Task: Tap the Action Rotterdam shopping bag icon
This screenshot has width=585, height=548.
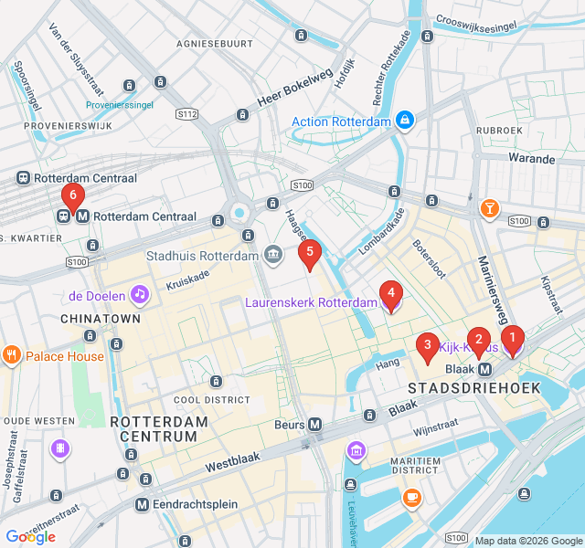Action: pyautogui.click(x=405, y=121)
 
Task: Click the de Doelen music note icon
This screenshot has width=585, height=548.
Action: pyautogui.click(x=139, y=294)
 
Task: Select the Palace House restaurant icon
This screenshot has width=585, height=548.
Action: pyautogui.click(x=12, y=355)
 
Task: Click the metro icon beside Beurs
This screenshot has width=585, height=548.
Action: pyautogui.click(x=314, y=424)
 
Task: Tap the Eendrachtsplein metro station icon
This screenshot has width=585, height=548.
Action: pyautogui.click(x=142, y=504)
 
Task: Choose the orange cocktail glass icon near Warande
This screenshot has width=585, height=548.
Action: pyautogui.click(x=491, y=209)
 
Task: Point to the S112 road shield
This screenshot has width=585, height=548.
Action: pyautogui.click(x=187, y=114)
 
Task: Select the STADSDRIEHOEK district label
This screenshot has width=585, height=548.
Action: pyautogui.click(x=474, y=388)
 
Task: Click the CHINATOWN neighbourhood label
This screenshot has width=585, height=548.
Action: pyautogui.click(x=101, y=319)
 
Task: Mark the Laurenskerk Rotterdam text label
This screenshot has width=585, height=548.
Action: pyautogui.click(x=311, y=302)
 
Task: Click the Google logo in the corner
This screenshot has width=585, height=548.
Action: pyautogui.click(x=30, y=537)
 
